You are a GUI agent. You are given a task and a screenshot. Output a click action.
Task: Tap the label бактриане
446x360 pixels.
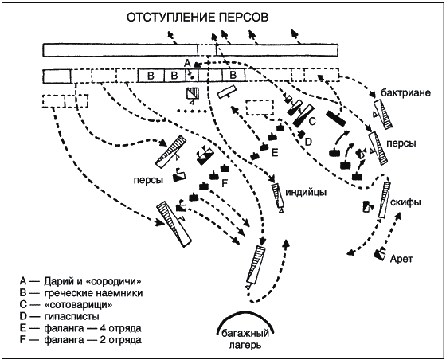tap(406, 92)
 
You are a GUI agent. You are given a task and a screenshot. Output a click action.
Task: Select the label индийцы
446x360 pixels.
tap(306, 192)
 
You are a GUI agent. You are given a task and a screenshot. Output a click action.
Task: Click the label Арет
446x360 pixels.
tap(401, 259)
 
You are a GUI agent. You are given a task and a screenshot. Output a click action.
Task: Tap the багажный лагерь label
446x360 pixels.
tap(245, 339)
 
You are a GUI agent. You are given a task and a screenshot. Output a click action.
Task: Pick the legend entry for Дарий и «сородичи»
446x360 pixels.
tap(80, 281)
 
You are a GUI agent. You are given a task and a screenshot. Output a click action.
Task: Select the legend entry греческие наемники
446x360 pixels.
tap(81, 293)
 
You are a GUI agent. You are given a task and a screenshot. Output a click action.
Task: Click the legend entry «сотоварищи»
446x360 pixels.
tap(66, 305)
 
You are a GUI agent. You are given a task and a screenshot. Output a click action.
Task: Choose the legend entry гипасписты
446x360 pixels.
tap(60, 316)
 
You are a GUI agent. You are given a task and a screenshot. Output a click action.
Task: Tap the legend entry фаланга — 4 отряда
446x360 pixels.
tap(80, 328)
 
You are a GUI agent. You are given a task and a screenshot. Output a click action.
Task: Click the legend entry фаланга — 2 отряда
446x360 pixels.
tap(80, 340)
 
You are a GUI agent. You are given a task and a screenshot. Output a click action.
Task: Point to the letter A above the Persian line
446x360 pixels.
tap(187, 63)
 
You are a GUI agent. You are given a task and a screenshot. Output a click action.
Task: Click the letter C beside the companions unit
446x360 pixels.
tap(312, 121)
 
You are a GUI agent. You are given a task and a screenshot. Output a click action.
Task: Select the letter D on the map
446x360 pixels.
tap(309, 141)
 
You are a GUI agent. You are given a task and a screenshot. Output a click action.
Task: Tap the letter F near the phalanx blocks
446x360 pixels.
tap(225, 184)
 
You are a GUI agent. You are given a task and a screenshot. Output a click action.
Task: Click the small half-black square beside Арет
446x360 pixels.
tap(380, 254)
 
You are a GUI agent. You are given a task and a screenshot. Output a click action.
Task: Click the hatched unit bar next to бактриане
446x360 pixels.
tap(383, 115)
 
